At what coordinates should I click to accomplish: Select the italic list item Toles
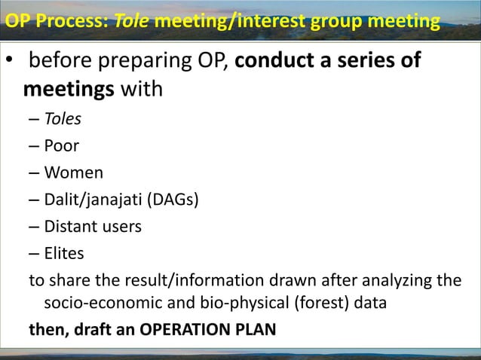(63, 119)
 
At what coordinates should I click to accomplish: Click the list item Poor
(61, 145)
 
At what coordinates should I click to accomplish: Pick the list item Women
(73, 172)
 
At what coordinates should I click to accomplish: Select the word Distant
(70, 226)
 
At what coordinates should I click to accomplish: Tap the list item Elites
(63, 253)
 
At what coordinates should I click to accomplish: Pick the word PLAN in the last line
(255, 329)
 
